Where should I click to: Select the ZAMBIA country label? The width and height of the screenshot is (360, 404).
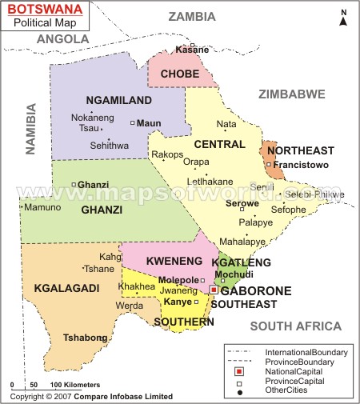click(x=191, y=17)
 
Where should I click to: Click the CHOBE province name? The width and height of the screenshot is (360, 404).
click(x=180, y=74)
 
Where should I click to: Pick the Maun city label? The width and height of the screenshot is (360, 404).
click(x=149, y=123)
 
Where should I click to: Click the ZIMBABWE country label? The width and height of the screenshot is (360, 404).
click(x=291, y=94)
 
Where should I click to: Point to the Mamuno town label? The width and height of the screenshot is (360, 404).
click(x=42, y=207)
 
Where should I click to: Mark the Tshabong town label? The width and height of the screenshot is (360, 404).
click(x=85, y=338)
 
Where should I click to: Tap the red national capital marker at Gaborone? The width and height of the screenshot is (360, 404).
click(x=213, y=289)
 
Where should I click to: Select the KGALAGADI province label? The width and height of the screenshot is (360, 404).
click(x=65, y=287)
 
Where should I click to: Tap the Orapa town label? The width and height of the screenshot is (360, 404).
click(x=196, y=162)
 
